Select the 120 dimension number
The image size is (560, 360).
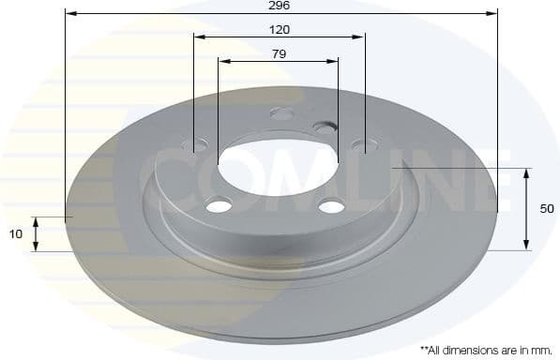(x=280, y=29)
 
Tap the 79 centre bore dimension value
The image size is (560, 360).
(x=279, y=53)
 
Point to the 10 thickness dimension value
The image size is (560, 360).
(x=16, y=234)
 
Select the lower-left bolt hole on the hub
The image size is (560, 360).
(x=219, y=205)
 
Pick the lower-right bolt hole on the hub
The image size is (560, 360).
(x=330, y=206)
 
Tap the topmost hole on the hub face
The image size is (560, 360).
(x=281, y=113)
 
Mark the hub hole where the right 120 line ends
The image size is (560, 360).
(x=363, y=144)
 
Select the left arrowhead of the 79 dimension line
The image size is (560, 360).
(x=223, y=62)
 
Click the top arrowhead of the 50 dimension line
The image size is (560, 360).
(x=527, y=173)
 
